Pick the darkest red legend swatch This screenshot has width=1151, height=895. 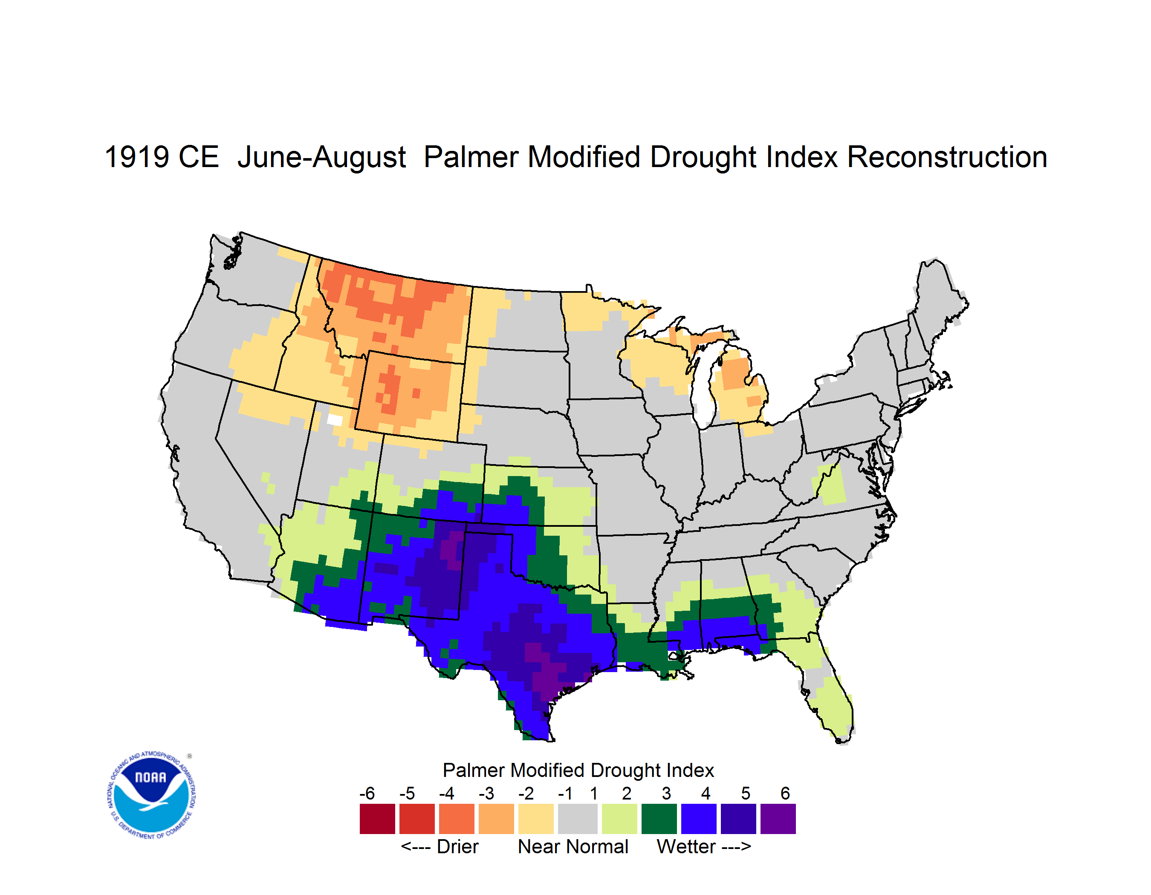point(377,819)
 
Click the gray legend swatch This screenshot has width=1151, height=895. point(578,819)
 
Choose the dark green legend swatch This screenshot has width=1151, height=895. point(659,819)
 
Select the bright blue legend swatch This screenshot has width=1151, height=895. point(699,819)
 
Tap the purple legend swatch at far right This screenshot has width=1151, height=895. point(778,819)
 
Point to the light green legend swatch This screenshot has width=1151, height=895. point(619,819)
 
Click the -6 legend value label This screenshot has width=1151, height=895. point(367,793)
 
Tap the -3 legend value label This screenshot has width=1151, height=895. point(486,793)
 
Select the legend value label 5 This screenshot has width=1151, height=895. point(746,793)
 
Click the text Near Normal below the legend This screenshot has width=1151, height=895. point(573,846)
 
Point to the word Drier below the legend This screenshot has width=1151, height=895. point(457,846)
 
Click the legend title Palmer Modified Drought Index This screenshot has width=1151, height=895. point(578,770)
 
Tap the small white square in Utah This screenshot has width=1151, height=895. point(335,420)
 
